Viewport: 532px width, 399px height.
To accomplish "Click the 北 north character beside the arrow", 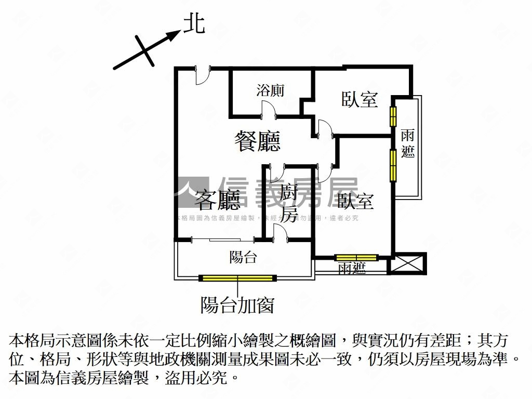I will coord(194,24).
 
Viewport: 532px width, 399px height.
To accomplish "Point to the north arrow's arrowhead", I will coord(175,35).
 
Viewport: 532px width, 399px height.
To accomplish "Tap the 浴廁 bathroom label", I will coord(270,90).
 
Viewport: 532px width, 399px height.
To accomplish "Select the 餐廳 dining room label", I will coord(258,141).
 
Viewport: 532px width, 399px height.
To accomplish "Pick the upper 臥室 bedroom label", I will coord(360,99).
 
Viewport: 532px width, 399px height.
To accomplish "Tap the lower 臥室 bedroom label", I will coord(356,201).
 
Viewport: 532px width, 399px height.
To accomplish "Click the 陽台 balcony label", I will coord(243,257).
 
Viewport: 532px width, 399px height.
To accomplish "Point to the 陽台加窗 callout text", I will coord(237,305).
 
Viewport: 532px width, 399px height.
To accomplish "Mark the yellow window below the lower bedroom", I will coord(356,257).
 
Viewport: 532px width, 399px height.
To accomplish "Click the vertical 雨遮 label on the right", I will coord(408,143).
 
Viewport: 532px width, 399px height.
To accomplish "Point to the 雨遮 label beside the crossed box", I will coord(352,268).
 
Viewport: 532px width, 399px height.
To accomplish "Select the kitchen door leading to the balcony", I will coord(281,232).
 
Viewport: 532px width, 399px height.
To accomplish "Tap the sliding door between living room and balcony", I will coord(223,240).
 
